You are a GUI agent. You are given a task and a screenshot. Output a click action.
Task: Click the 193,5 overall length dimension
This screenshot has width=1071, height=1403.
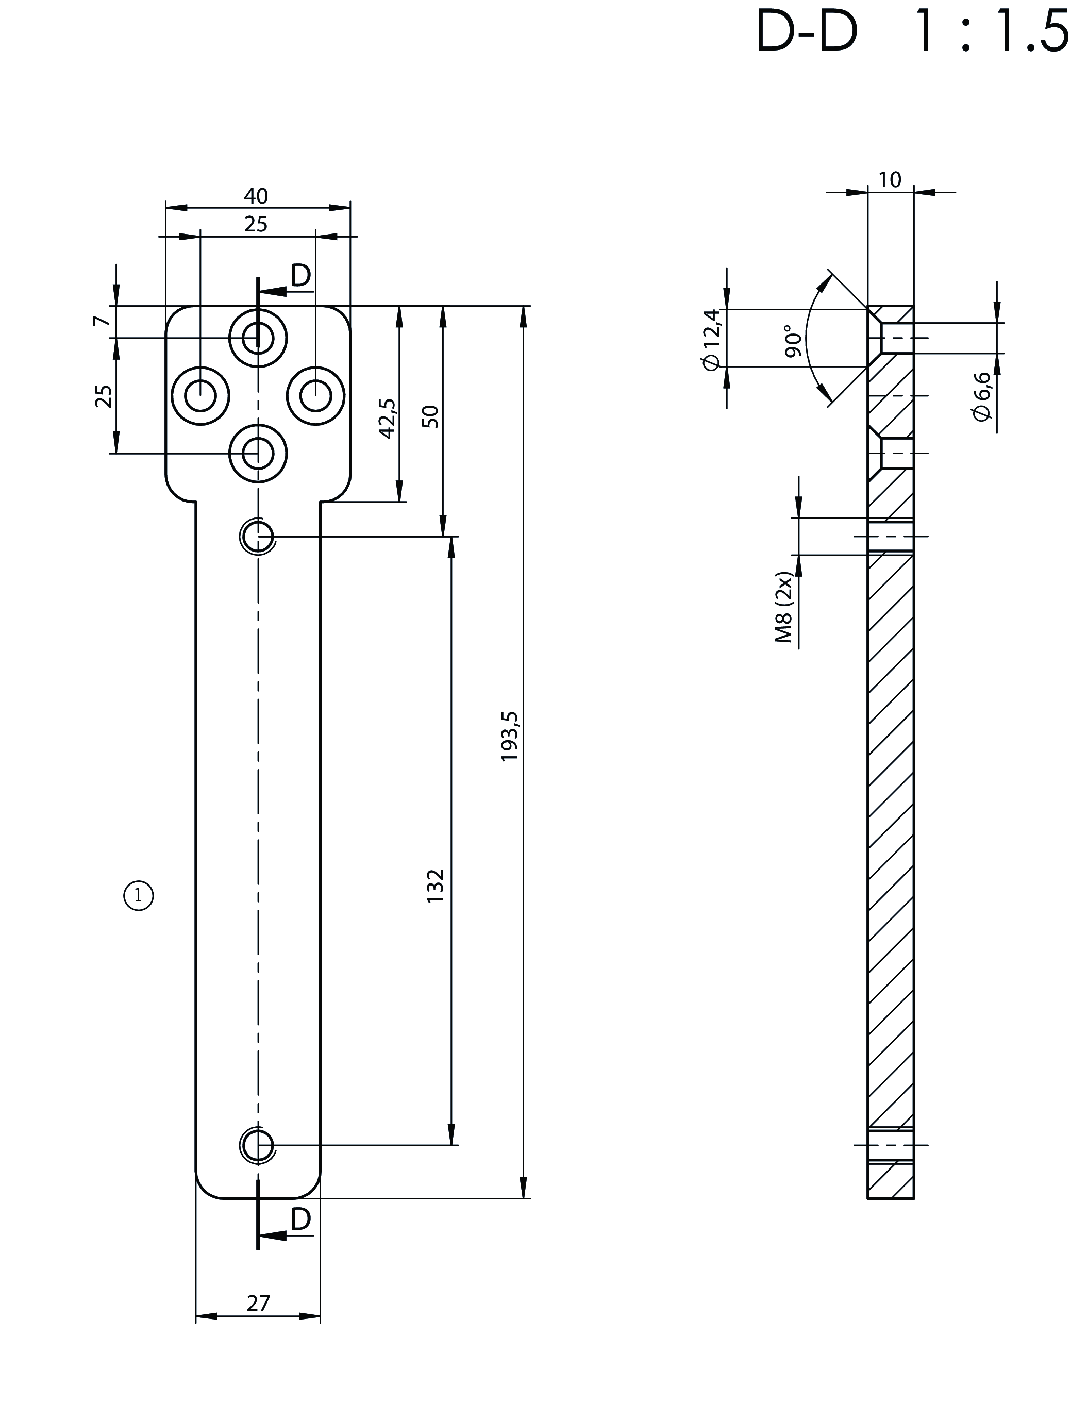511,737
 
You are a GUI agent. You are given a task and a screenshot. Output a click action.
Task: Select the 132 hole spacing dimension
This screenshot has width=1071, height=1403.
436,885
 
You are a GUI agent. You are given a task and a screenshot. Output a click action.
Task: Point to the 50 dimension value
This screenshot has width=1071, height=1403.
431,416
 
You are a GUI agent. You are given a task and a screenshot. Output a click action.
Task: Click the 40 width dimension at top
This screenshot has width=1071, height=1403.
256,196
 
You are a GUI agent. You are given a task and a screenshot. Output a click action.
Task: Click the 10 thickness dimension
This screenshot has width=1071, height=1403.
890,180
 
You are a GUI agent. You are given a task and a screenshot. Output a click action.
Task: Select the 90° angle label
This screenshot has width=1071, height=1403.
792,341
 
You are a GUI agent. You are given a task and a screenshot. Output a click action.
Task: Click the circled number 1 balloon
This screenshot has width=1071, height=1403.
138,897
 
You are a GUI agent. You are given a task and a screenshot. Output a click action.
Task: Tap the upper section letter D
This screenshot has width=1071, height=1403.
300,276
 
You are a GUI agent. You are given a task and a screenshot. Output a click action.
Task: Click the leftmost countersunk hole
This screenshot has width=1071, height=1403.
201,396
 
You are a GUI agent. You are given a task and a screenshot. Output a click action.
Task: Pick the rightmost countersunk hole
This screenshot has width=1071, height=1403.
315,396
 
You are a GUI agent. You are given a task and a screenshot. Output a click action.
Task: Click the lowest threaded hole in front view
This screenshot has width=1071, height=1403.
258,1145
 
